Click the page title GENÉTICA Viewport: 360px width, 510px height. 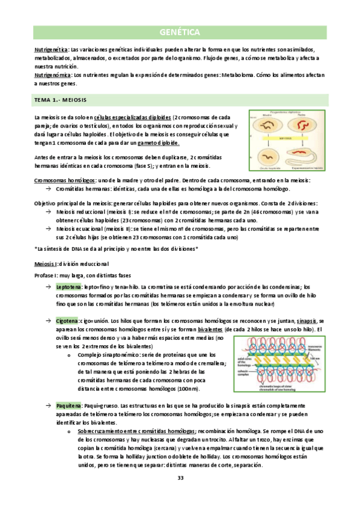(x=180, y=32)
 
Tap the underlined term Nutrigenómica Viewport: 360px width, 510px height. (x=52, y=75)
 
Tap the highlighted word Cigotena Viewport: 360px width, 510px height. (x=67, y=322)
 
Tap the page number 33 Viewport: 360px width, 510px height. (x=180, y=478)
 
